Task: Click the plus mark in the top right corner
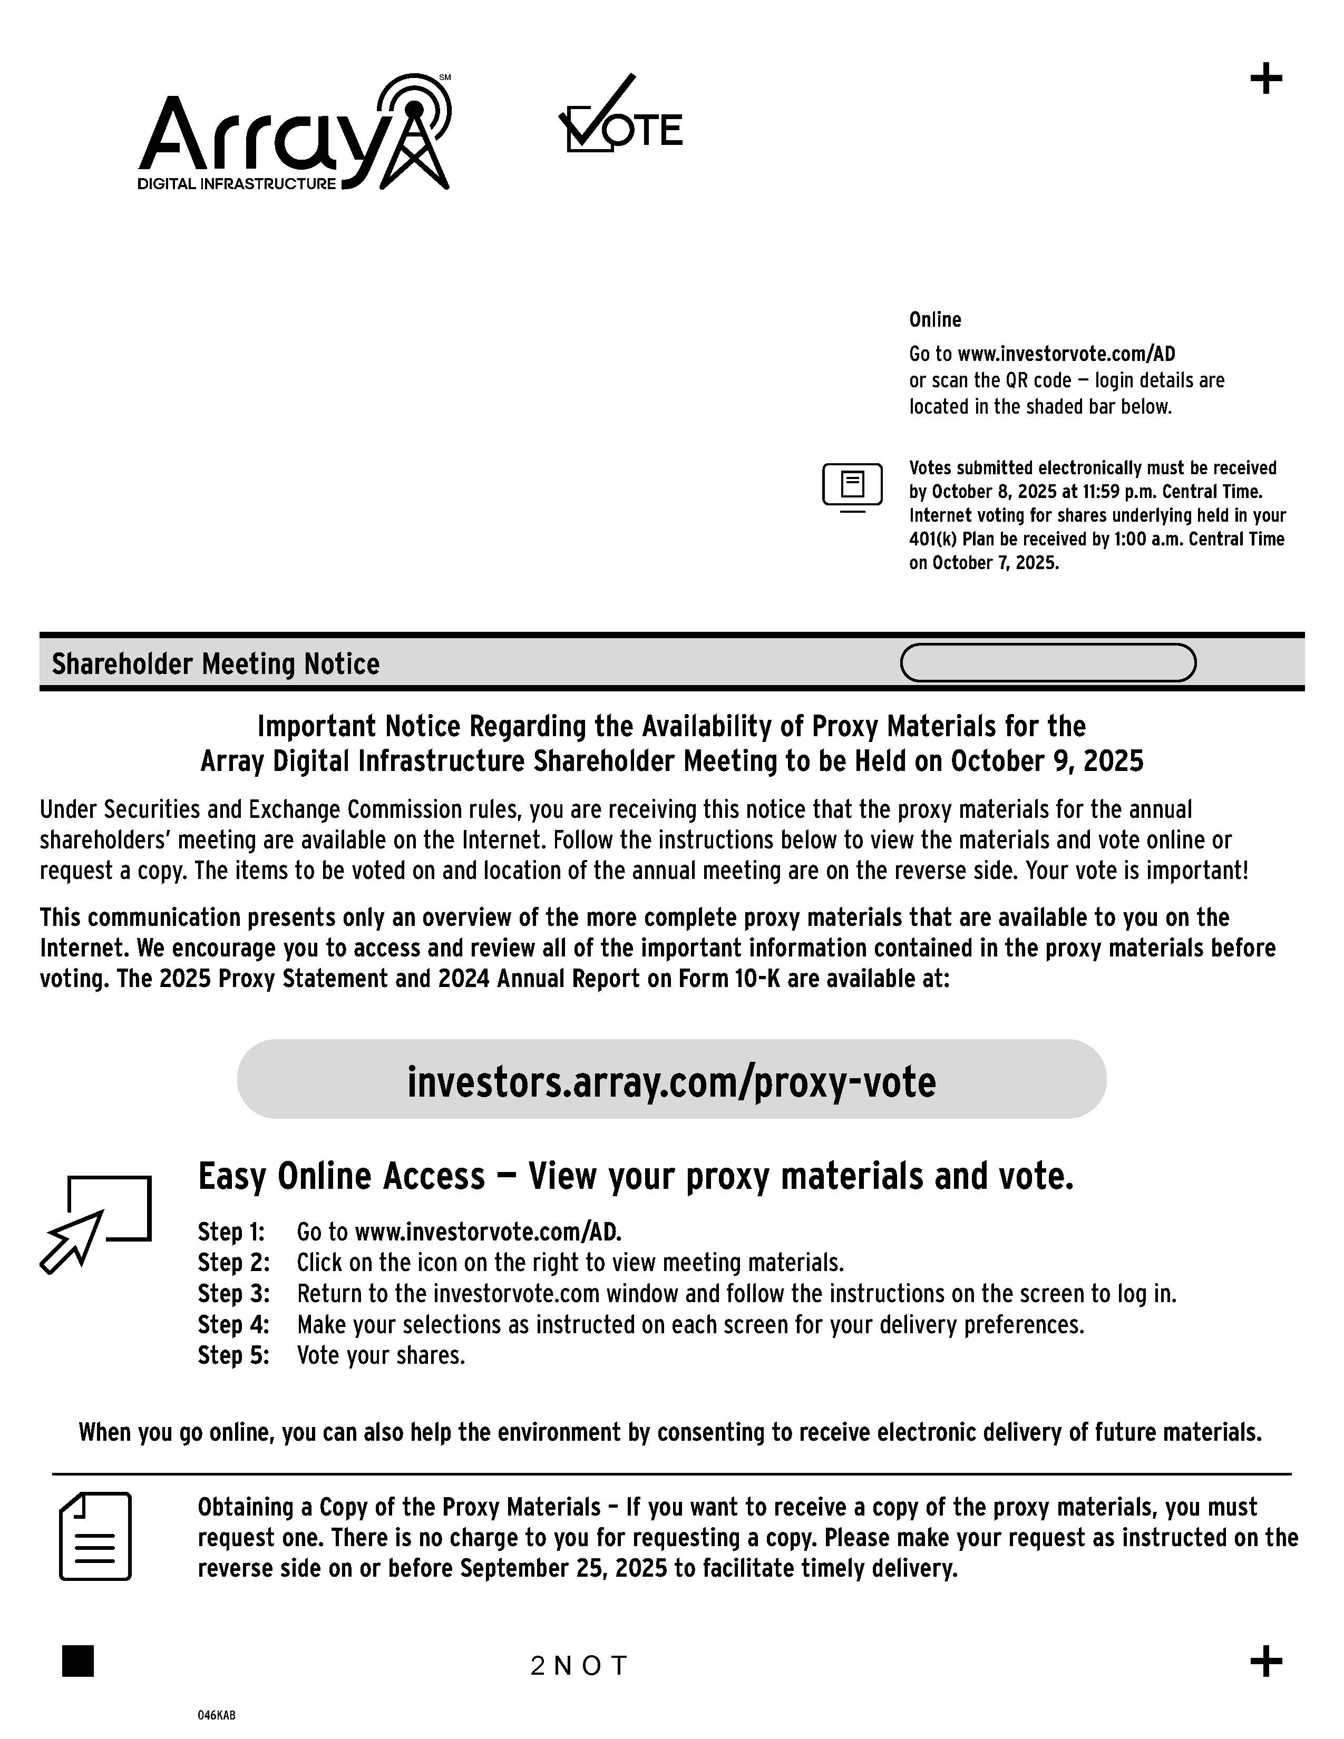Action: [x=1266, y=79]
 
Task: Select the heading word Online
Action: [x=935, y=319]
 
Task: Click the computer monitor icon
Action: [x=852, y=486]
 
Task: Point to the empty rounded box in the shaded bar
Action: [x=1048, y=662]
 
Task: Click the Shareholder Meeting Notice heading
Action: [x=215, y=663]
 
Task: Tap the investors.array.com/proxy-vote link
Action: [x=671, y=1081]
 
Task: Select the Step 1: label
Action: [x=231, y=1232]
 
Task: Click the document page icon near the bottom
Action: [x=95, y=1536]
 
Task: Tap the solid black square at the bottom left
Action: [x=78, y=1661]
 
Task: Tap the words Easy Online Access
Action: [x=341, y=1176]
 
